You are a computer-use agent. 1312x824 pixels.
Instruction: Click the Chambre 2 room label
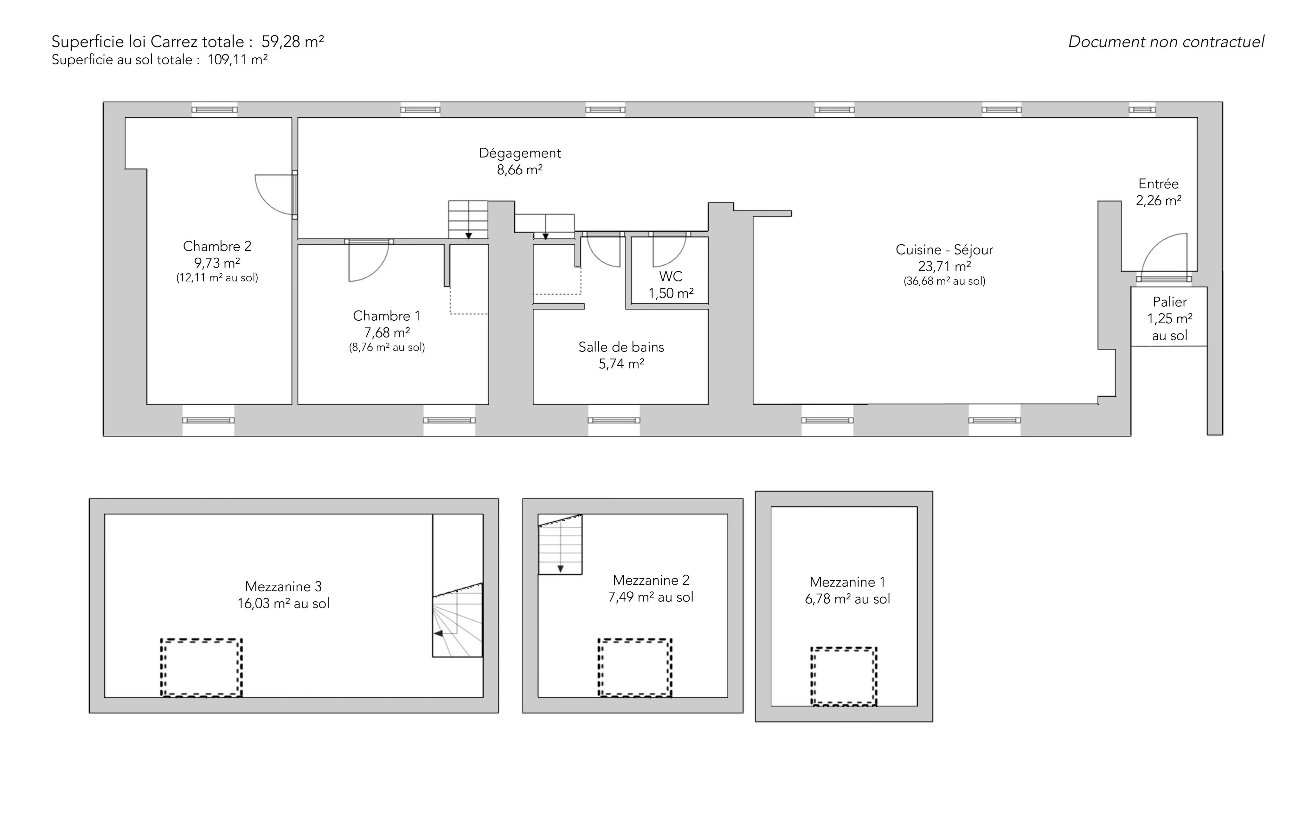217,246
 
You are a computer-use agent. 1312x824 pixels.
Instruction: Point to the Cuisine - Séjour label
944,250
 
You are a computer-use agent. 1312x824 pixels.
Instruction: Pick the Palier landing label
1169,301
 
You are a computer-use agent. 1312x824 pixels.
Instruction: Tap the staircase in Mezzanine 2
560,544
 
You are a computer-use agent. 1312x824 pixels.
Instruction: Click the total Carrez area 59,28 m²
292,41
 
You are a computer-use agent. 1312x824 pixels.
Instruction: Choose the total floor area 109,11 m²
238,59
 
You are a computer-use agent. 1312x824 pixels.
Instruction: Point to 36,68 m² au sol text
944,281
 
